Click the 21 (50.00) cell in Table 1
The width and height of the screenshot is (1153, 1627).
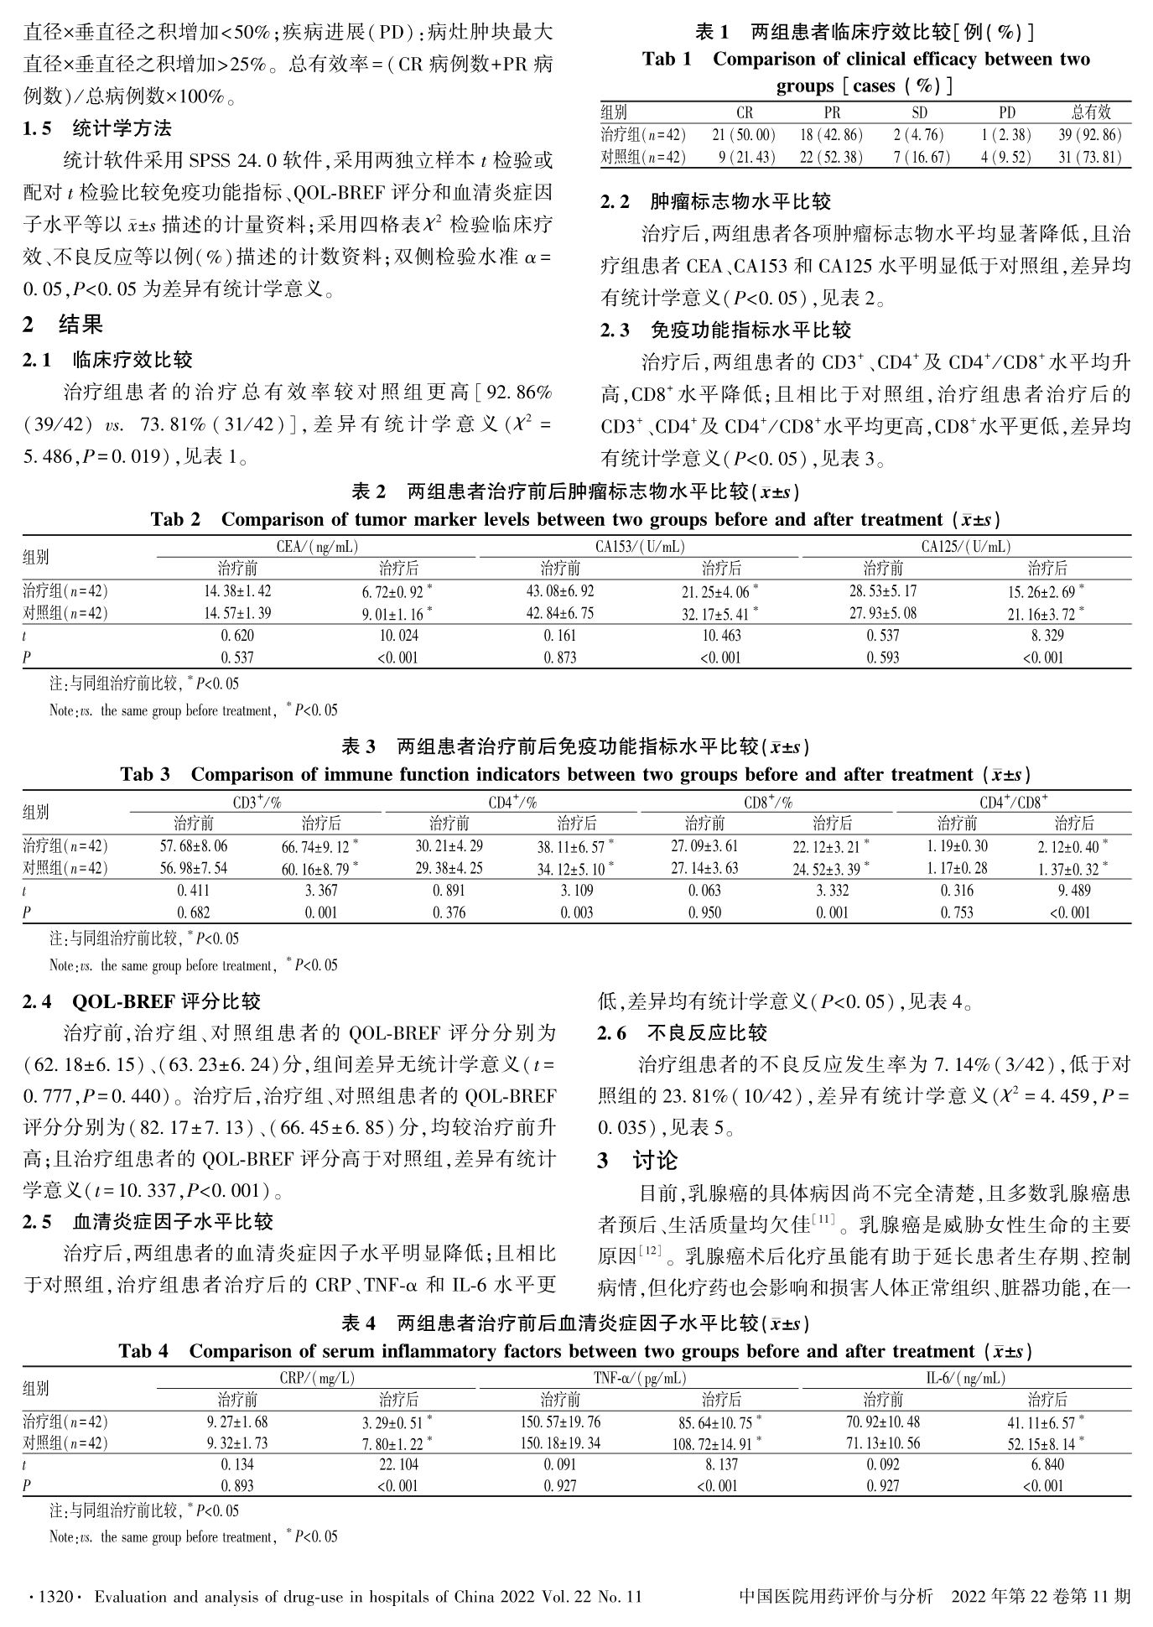click(x=744, y=135)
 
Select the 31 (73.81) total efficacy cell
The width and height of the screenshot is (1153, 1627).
click(x=1090, y=157)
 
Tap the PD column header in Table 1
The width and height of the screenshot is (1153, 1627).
click(x=1006, y=112)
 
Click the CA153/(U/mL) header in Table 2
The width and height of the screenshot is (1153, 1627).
click(x=640, y=547)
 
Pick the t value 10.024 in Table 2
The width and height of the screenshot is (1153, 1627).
click(x=398, y=636)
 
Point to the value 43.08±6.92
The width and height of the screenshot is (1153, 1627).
click(x=559, y=591)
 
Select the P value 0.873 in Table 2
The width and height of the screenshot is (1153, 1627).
click(x=559, y=658)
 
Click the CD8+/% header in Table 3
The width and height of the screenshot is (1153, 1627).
click(x=767, y=803)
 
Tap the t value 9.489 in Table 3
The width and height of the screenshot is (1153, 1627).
click(x=1074, y=891)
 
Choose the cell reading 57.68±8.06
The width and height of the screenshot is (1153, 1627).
click(x=193, y=846)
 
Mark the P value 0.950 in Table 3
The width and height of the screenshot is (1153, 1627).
click(x=704, y=912)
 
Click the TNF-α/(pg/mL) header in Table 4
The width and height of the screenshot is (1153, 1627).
click(x=640, y=1378)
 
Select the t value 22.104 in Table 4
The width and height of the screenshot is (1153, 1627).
click(x=398, y=1464)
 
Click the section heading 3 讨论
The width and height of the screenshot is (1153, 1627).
click(x=637, y=1161)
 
